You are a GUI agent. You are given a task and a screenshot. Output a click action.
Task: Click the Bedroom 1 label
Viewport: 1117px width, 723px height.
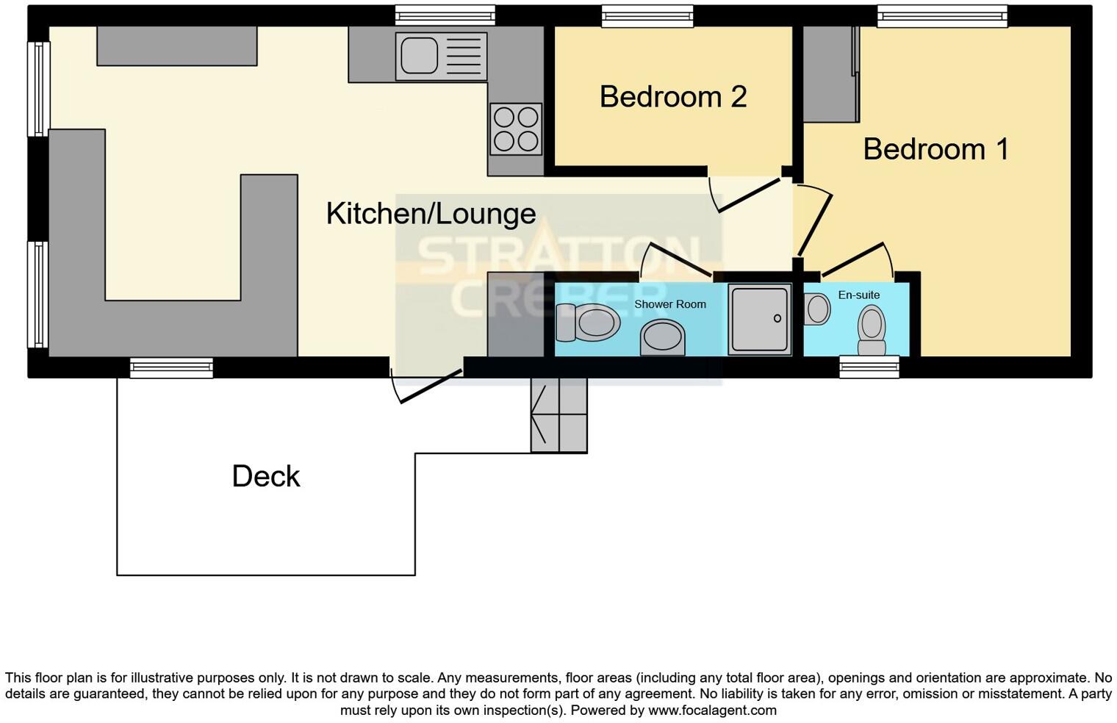pyautogui.click(x=935, y=149)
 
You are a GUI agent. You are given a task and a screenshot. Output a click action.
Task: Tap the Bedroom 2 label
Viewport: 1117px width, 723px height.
pyautogui.click(x=673, y=97)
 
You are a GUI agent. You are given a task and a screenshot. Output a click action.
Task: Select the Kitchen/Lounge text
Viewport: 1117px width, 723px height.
pyautogui.click(x=431, y=214)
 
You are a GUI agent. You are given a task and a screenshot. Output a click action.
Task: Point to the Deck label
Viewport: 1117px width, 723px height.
pyautogui.click(x=266, y=476)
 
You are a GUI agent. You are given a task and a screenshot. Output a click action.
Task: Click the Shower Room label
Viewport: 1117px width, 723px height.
pyautogui.click(x=669, y=304)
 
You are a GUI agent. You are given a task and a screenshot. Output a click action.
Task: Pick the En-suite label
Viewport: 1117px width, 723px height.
pyautogui.click(x=858, y=295)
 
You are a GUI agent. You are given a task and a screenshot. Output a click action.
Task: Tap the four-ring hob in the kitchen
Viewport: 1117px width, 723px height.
pyautogui.click(x=516, y=129)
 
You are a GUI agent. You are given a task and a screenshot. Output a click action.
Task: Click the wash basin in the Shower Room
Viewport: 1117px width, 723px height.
pyautogui.click(x=662, y=338)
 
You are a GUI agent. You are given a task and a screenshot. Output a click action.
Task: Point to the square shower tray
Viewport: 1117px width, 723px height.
pyautogui.click(x=760, y=320)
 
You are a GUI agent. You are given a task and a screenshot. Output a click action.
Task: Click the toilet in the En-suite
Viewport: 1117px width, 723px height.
pyautogui.click(x=872, y=330)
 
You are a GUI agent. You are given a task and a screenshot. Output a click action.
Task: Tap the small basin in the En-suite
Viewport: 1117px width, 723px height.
pyautogui.click(x=817, y=309)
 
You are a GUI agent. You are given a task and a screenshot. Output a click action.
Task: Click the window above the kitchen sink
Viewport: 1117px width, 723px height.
pyautogui.click(x=445, y=15)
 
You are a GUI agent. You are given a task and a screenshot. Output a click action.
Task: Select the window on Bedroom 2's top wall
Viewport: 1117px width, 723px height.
pyautogui.click(x=647, y=15)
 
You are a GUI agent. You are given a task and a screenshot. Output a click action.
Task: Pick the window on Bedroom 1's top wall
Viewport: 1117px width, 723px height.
pyautogui.click(x=942, y=15)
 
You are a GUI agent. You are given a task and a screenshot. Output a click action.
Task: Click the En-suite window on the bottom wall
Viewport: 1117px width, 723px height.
pyautogui.click(x=869, y=367)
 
